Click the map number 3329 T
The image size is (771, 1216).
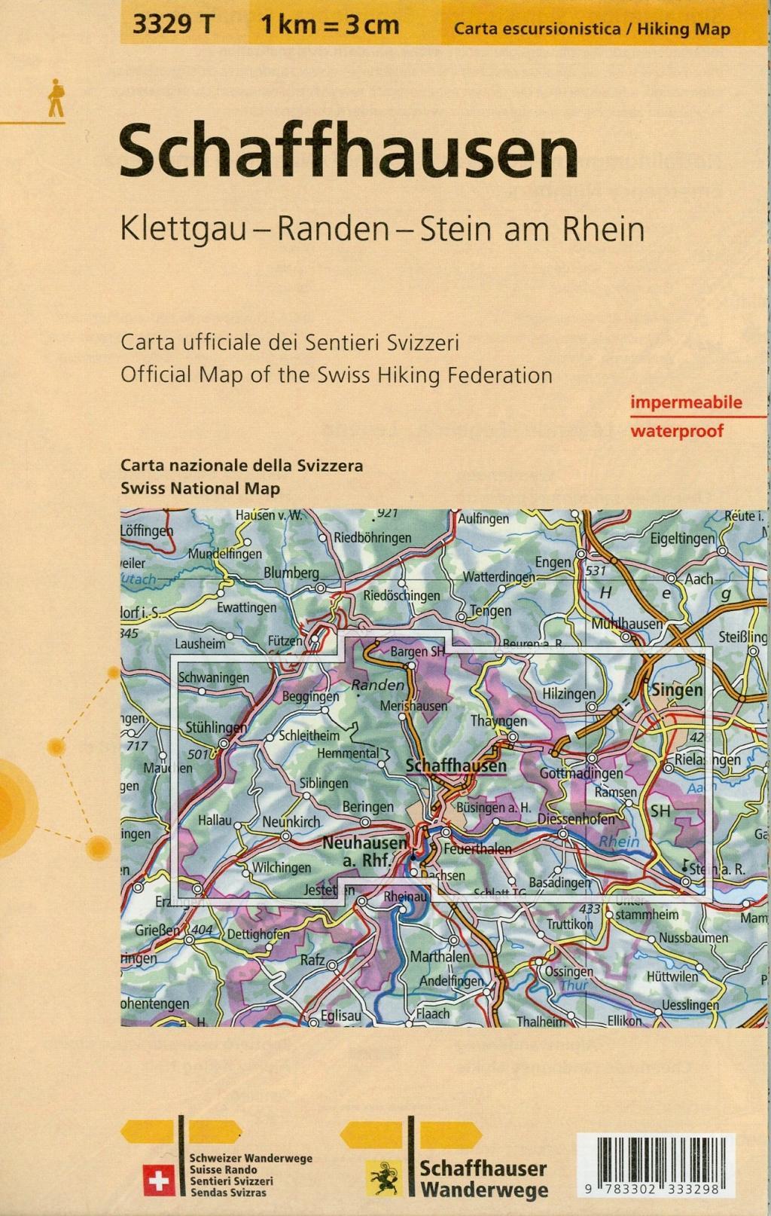point(173,25)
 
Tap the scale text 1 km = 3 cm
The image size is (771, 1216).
point(330,25)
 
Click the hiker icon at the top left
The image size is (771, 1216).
point(56,99)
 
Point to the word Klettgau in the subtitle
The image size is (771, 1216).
point(184,229)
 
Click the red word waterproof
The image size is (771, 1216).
point(677,431)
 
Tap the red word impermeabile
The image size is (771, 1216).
point(686,402)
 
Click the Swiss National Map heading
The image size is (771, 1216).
point(200,488)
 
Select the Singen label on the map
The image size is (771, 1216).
point(677,690)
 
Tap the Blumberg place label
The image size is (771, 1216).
point(291,573)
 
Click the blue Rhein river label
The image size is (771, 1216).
point(619,842)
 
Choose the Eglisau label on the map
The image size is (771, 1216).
point(341,1016)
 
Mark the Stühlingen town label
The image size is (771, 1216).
point(216,728)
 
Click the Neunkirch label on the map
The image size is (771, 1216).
point(291,822)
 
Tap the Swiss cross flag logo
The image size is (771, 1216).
point(159,1181)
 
